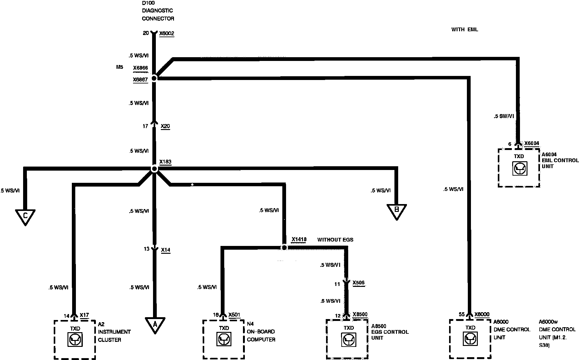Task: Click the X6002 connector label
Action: coord(166,33)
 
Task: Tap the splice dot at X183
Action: coord(154,169)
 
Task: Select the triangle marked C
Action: coord(25,216)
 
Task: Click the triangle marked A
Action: coord(155,324)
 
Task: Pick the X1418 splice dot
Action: coord(284,247)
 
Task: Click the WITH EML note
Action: coord(464,30)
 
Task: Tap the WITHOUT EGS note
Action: coord(335,240)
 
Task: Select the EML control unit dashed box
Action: coord(519,168)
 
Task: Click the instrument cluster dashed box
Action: coord(75,339)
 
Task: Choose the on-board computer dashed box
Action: coord(223,339)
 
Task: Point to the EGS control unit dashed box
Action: coord(347,339)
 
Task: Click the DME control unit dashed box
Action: coord(470,339)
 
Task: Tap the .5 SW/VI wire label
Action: coord(503,116)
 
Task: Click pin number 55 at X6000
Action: coord(462,314)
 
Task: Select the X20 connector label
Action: coord(165,126)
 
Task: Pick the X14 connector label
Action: coord(166,250)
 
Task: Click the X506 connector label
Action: coord(358,283)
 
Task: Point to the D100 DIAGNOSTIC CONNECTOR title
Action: coord(158,11)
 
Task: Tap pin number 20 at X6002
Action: coord(146,33)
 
